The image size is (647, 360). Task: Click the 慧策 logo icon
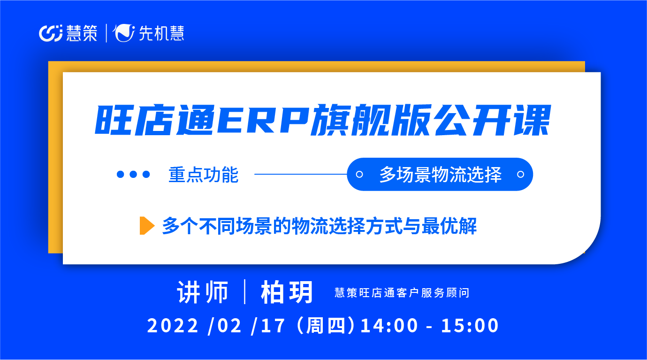[51, 33]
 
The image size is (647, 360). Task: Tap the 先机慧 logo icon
[123, 33]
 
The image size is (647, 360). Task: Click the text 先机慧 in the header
[161, 33]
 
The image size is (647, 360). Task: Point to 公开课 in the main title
[493, 120]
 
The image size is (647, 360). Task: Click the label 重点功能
[204, 175]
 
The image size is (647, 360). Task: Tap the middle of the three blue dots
[133, 174]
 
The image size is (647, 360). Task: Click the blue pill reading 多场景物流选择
[440, 174]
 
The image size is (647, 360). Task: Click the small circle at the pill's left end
[359, 174]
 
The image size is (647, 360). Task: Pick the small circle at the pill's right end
[520, 174]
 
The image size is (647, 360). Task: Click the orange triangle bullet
[147, 225]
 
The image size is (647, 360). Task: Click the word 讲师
[203, 292]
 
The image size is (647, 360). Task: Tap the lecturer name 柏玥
[287, 292]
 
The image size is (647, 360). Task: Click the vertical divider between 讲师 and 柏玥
[245, 292]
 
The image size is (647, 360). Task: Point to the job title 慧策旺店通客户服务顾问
[402, 293]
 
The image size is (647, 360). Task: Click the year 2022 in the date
[173, 326]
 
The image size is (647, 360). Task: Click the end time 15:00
[470, 326]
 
